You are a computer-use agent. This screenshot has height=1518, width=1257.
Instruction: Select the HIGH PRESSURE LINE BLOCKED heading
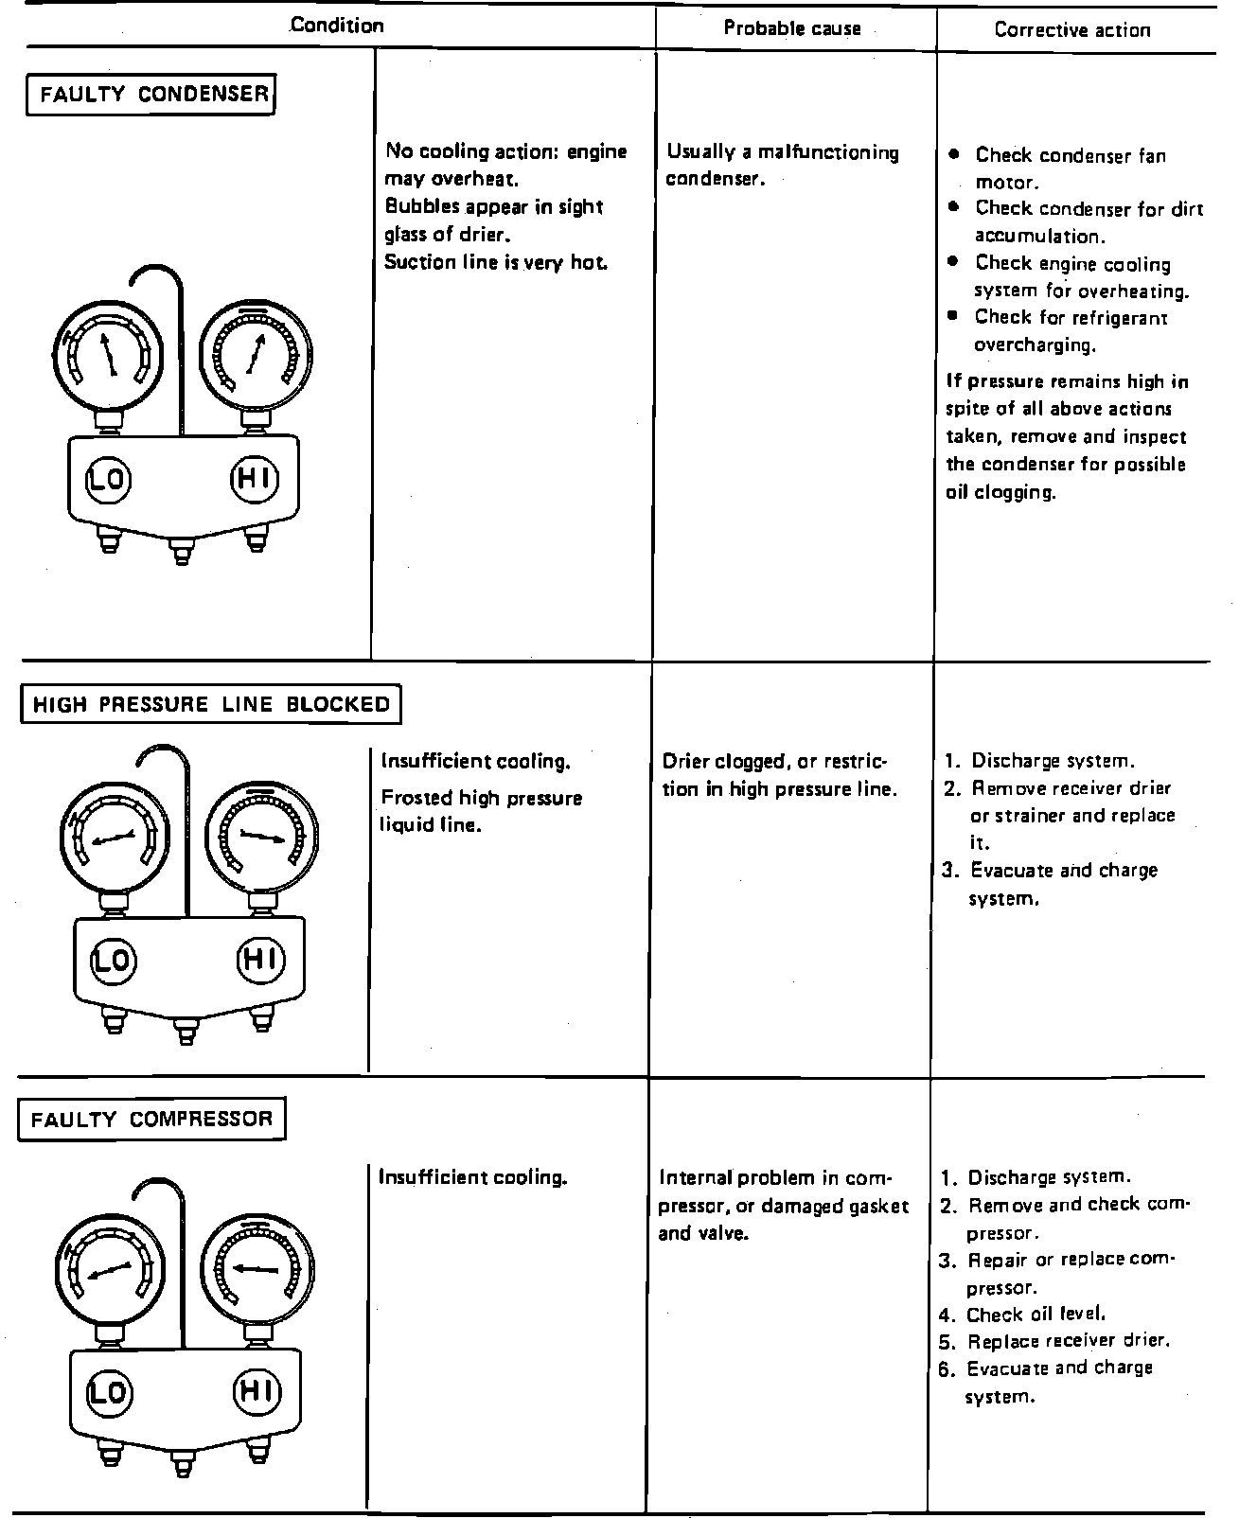click(x=211, y=704)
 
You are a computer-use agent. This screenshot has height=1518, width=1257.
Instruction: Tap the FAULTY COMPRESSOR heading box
click(x=151, y=1120)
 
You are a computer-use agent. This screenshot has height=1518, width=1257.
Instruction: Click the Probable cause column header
click(x=792, y=28)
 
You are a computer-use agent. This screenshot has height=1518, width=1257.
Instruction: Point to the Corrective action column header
click(x=1072, y=29)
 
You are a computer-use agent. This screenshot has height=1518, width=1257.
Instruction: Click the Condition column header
click(x=337, y=26)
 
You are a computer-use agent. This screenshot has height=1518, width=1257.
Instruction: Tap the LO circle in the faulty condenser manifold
click(x=108, y=479)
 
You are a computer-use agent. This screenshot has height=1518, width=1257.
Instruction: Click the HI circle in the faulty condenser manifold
click(x=255, y=478)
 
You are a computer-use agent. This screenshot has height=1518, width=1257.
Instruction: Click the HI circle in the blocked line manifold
click(x=259, y=960)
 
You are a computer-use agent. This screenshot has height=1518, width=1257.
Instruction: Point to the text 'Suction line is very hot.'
click(x=495, y=262)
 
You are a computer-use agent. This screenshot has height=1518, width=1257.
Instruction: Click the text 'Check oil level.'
click(x=1036, y=1315)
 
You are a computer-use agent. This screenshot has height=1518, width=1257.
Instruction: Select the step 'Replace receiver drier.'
click(x=1069, y=1341)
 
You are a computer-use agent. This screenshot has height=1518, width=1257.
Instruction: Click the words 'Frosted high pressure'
click(x=481, y=798)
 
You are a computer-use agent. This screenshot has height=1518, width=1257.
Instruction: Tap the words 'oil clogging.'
click(x=1000, y=492)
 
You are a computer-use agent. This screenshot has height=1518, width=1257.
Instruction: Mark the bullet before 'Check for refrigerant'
click(x=954, y=316)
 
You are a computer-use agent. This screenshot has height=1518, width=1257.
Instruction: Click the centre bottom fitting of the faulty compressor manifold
click(x=182, y=1463)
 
